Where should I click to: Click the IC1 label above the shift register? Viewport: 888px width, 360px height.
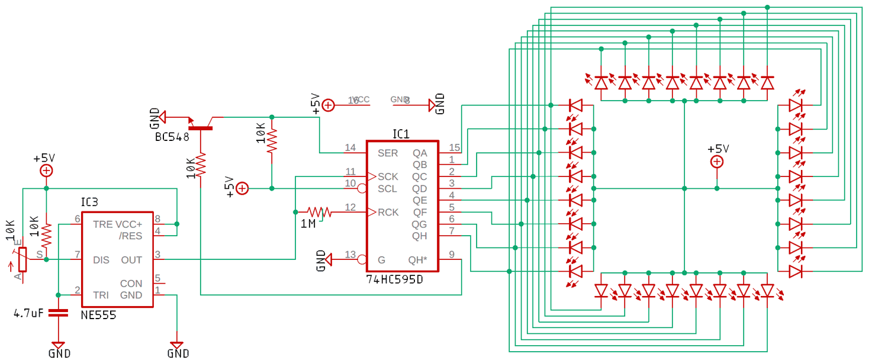(x=401, y=134)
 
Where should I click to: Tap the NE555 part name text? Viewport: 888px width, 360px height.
(x=98, y=315)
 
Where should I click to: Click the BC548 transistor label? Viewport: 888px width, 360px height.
(x=172, y=137)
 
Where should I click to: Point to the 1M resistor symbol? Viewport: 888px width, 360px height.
(x=318, y=211)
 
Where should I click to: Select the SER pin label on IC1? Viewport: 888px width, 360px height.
(x=388, y=153)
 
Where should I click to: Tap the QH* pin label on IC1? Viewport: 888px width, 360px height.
(x=417, y=260)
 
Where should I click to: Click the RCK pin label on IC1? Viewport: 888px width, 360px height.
(x=388, y=213)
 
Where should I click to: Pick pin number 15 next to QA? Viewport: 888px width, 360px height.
(x=454, y=147)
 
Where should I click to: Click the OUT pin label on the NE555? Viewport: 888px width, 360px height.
(x=131, y=260)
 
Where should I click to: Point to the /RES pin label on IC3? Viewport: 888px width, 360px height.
(x=131, y=236)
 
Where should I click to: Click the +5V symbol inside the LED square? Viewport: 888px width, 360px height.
(x=717, y=161)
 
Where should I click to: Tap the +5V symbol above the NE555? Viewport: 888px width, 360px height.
(x=46, y=171)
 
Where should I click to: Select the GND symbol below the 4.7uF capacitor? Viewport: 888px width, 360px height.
(x=58, y=345)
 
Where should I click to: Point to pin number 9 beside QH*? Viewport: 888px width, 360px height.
(x=451, y=255)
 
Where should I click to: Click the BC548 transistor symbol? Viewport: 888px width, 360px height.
(x=201, y=126)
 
